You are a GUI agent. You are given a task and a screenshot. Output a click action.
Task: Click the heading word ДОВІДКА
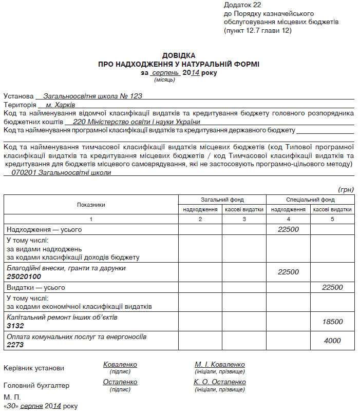point(179,55)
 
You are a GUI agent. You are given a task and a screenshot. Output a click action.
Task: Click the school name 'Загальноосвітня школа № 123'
point(92,96)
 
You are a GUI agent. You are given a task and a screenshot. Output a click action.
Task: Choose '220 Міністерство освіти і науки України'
point(137,122)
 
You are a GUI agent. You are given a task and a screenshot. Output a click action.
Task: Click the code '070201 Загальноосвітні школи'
point(61,173)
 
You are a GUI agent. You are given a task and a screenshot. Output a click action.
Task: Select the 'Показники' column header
point(91,204)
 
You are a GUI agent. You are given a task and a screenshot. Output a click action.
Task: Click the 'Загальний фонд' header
point(222,200)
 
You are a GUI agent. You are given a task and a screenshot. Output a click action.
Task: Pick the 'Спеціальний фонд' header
point(310,200)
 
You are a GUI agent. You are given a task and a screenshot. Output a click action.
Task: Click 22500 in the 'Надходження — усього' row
point(288,229)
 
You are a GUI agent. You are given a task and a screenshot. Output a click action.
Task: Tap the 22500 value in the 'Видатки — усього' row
point(332,287)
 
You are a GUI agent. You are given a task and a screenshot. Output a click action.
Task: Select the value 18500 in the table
point(332,321)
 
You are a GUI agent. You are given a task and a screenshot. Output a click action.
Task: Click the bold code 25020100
point(24,276)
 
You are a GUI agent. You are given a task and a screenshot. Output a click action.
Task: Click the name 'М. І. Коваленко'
point(220,365)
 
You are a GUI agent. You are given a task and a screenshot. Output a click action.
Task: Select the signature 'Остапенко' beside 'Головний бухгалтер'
point(120,382)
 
